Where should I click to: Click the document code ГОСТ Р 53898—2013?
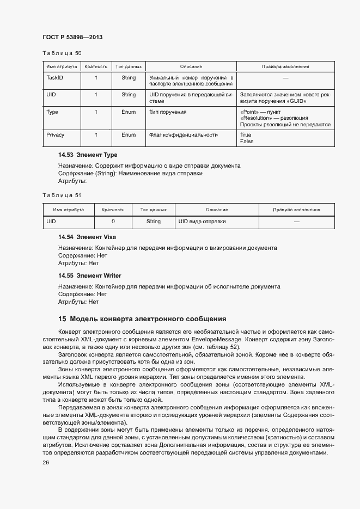(72, 37)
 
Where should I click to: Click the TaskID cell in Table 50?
(55, 78)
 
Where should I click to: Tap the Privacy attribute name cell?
(56, 134)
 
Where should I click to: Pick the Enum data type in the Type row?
(129, 112)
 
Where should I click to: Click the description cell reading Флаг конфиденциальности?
(184, 134)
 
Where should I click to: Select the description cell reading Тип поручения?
(168, 112)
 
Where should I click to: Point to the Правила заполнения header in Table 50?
(285, 66)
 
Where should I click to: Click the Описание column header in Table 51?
(216, 210)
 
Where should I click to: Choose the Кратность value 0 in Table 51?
(113, 222)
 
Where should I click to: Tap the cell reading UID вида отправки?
(202, 222)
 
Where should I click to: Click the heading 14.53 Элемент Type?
(88, 155)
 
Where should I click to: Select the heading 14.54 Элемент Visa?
(87, 237)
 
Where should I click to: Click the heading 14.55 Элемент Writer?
(90, 275)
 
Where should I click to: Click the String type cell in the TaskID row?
(129, 78)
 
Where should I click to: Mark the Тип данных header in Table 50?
(129, 66)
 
